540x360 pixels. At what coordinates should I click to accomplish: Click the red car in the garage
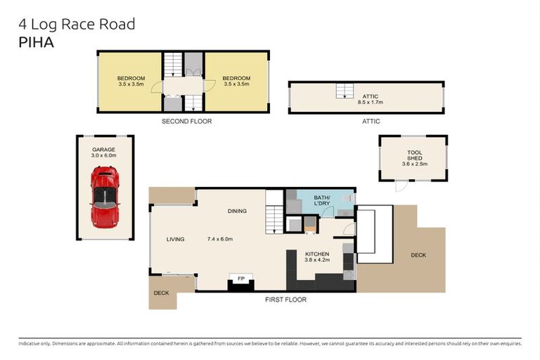tap(105, 197)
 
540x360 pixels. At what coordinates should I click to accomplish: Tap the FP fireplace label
tap(241, 279)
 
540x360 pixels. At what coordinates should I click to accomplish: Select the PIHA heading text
tap(36, 41)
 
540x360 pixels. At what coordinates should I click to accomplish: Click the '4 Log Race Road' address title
tap(76, 25)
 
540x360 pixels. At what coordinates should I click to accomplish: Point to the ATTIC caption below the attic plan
tap(371, 122)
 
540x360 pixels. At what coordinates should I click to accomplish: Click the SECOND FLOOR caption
tap(186, 122)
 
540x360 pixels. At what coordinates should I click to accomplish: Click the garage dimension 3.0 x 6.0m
tap(103, 155)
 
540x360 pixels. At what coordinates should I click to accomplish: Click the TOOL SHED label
tap(415, 155)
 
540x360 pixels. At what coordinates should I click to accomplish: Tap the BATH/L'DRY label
tap(323, 201)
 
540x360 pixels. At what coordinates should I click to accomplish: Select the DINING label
tap(237, 210)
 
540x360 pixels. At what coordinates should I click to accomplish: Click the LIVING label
tap(175, 239)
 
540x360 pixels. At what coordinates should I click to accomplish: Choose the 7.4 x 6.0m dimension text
tap(219, 239)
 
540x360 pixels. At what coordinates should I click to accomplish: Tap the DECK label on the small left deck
tap(162, 292)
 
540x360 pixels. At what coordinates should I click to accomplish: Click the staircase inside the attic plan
tap(343, 91)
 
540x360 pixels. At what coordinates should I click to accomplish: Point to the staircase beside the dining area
tap(274, 219)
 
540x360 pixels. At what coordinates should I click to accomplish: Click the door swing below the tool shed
tap(400, 186)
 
